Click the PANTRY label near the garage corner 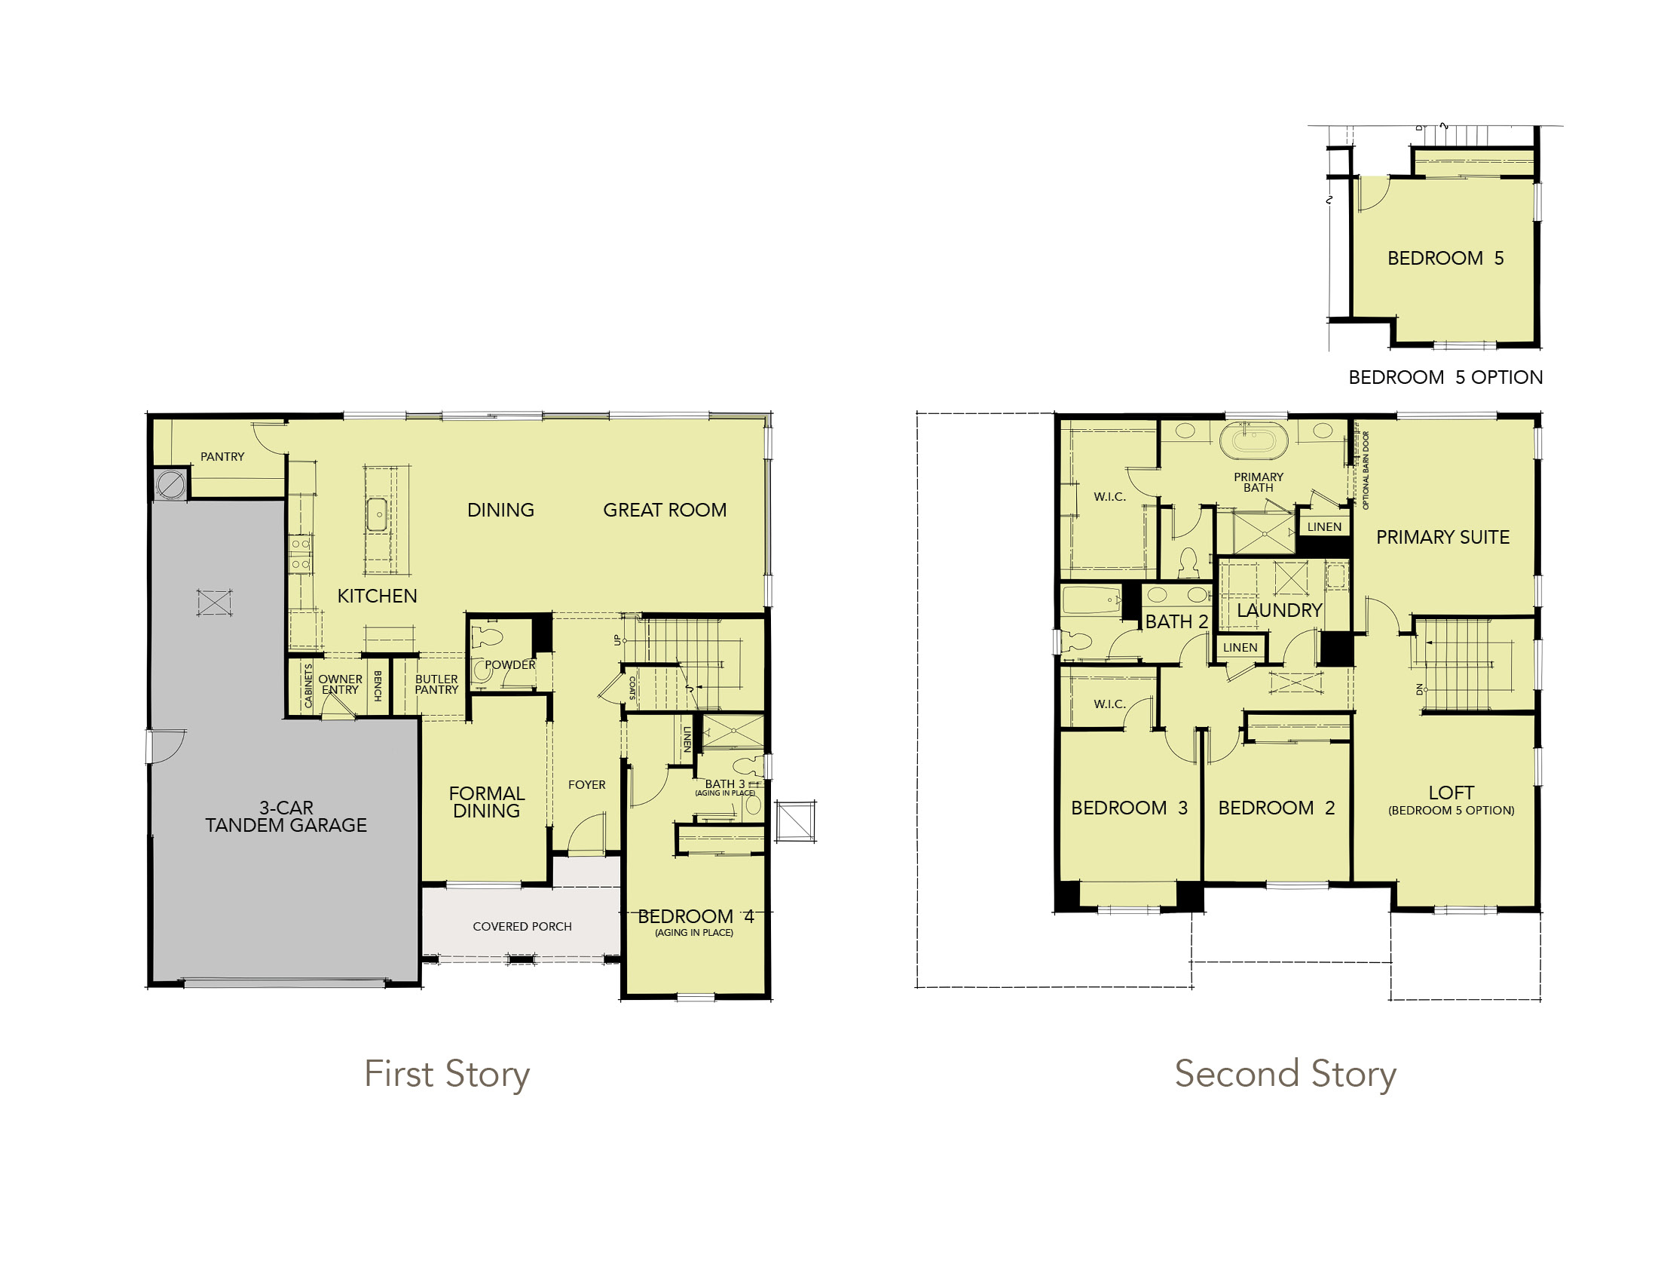[x=222, y=456]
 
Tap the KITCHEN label [x=378, y=597]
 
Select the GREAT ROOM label [x=665, y=511]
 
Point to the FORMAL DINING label [x=487, y=802]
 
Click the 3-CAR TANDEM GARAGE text [x=286, y=817]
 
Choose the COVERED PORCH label [x=522, y=927]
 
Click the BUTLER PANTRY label [x=436, y=684]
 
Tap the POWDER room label [x=510, y=664]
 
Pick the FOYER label [x=587, y=784]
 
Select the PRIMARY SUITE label [x=1443, y=538]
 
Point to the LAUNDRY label [x=1280, y=611]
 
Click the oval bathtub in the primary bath [x=1254, y=440]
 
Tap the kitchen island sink [x=378, y=514]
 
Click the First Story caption [x=447, y=1075]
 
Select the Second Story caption [x=1286, y=1075]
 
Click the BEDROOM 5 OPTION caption [x=1445, y=378]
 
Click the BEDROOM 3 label [x=1130, y=808]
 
